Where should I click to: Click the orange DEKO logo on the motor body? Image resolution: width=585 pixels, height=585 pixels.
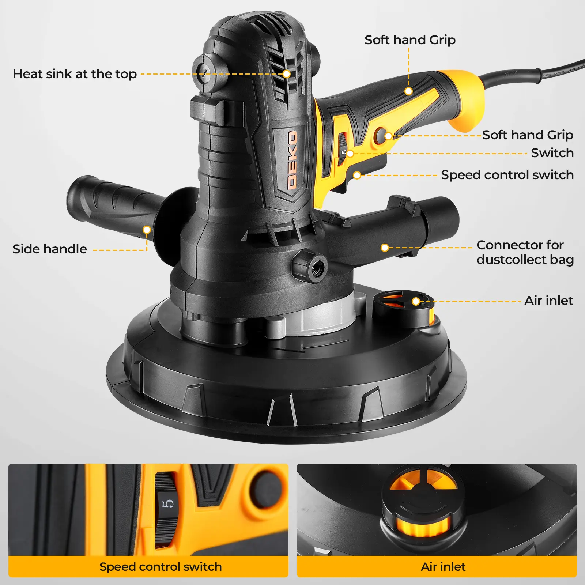coord(292,160)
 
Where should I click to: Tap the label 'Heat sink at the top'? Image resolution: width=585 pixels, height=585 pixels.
coord(75,74)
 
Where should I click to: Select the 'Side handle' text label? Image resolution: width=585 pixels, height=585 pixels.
coord(50,249)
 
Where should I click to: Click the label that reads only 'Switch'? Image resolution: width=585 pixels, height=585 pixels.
coord(552,153)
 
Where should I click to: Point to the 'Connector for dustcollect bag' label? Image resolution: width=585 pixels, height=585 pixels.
coord(525,252)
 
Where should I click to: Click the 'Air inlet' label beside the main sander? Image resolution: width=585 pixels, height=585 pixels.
coord(549,301)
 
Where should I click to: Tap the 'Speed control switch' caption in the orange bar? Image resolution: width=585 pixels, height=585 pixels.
coord(161,567)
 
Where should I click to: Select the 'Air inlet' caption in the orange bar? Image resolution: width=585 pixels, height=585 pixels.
coord(443,567)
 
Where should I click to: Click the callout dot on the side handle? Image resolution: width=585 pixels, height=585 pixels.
coord(147,230)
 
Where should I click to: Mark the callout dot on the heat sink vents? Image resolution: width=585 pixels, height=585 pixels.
coord(287,74)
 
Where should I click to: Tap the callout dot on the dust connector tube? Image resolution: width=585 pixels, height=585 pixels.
coord(385,248)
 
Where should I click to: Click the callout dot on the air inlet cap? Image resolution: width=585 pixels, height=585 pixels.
coord(416,301)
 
